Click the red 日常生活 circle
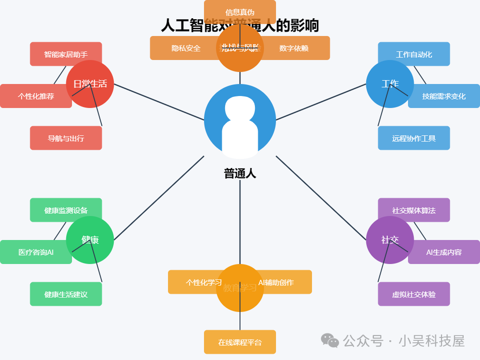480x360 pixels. click(x=90, y=84)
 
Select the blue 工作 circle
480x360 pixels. click(x=390, y=84)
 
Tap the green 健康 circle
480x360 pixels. click(x=90, y=240)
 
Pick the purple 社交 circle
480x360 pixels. click(x=390, y=240)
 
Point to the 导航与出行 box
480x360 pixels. click(x=66, y=138)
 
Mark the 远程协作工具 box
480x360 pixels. click(x=414, y=138)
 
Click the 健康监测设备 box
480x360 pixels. click(x=66, y=210)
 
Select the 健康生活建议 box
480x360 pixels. click(x=66, y=294)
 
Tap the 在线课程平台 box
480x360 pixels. click(x=240, y=342)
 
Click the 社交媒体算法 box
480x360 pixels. click(x=414, y=210)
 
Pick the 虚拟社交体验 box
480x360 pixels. click(x=414, y=294)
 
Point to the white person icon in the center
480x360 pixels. click(x=240, y=126)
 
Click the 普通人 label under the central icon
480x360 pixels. click(x=240, y=173)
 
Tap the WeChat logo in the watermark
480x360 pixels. click(x=330, y=340)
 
